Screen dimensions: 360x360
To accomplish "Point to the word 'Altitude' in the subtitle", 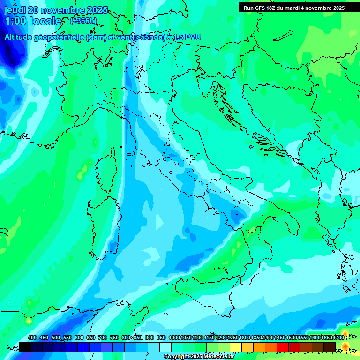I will (x=20, y=37).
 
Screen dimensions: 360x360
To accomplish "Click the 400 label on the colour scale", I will (x=32, y=337).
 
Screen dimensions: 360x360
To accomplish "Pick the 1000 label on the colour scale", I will (x=174, y=337).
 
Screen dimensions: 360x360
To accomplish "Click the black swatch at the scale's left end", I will (x=25, y=347).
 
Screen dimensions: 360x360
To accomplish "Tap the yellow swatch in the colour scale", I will (x=236, y=347).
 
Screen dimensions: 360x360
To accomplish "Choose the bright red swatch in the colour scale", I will (x=283, y=347).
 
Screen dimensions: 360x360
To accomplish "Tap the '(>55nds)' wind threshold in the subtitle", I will (x=149, y=37).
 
